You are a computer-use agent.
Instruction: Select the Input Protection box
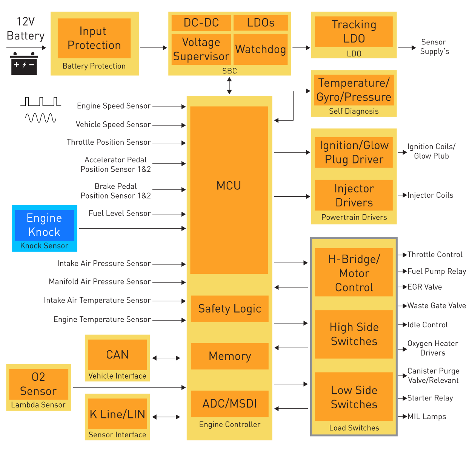pos(94,38)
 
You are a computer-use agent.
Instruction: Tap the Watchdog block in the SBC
pos(260,49)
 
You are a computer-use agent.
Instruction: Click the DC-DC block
pos(201,23)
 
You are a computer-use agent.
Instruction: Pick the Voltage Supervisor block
pos(201,49)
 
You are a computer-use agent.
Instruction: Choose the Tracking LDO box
pos(354,32)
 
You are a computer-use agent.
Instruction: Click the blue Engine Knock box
pos(44,225)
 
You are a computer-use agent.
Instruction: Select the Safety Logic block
pos(229,309)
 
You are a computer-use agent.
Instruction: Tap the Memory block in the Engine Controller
pos(229,356)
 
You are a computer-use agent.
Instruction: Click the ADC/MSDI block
pos(229,404)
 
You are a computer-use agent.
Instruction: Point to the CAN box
pos(117,355)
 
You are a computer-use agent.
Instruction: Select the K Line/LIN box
pos(117,414)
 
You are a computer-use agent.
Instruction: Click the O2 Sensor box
pos(38,384)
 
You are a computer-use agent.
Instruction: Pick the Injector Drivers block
pos(354,195)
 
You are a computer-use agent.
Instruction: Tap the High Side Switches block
pos(354,334)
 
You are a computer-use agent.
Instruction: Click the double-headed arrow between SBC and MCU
pos(229,86)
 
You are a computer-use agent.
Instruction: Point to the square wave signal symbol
pos(41,102)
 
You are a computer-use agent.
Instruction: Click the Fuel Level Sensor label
pos(120,214)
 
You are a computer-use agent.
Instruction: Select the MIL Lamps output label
pos(426,417)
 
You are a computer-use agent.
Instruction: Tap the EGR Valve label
pos(424,287)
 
